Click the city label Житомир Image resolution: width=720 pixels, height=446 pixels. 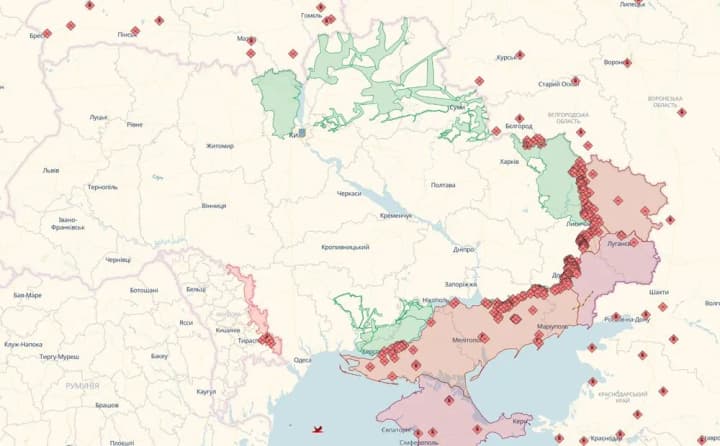point(219,146)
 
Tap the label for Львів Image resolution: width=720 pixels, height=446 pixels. point(50,170)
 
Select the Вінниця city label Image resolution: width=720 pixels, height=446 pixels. point(213,206)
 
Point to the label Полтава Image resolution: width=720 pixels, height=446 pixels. point(442,185)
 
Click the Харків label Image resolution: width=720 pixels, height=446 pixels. point(509,162)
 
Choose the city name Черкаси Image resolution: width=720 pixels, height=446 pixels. point(349,193)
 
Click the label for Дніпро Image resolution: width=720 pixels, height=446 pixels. point(463,249)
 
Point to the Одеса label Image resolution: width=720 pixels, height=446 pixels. point(303,360)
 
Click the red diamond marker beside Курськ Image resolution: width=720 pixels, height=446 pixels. point(520,55)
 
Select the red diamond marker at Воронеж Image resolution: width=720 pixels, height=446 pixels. point(627,63)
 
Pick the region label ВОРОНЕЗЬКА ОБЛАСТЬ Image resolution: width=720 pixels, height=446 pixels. point(664,102)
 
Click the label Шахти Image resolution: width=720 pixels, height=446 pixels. point(659,291)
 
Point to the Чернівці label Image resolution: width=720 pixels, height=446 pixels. point(118,259)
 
